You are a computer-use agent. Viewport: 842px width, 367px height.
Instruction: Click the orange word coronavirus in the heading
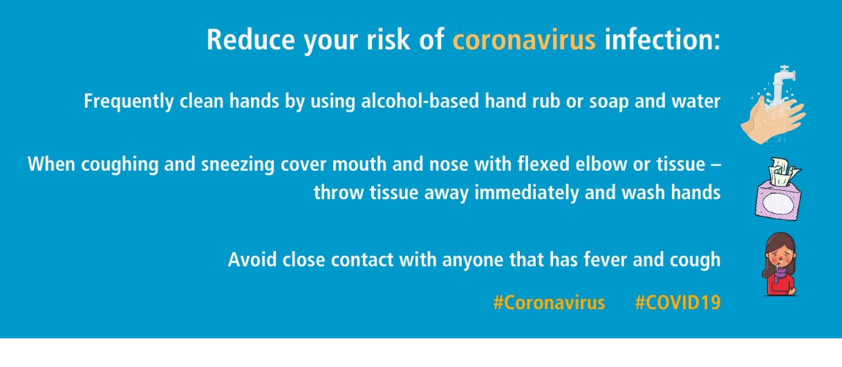[524, 40]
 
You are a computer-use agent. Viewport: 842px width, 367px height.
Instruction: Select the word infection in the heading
[662, 40]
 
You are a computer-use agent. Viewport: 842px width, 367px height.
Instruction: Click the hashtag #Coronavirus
[549, 302]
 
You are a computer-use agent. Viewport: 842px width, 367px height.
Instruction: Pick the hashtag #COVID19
[677, 302]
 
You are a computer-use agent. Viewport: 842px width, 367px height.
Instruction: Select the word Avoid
[249, 260]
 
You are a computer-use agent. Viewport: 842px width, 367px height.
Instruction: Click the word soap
[609, 102]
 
